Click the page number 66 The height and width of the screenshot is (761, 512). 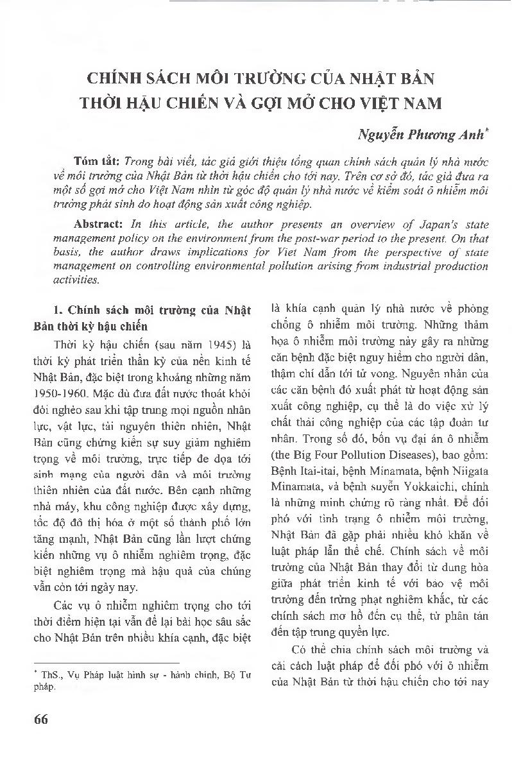click(x=40, y=718)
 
